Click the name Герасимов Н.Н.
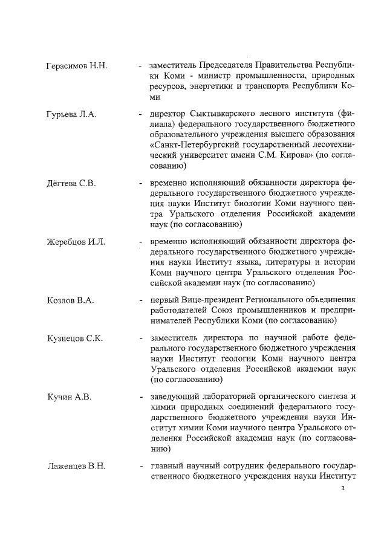[77, 65]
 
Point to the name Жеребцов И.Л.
[76, 242]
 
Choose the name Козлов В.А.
[70, 300]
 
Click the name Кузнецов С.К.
[74, 338]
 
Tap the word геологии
[230, 359]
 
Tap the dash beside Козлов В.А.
[140, 300]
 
